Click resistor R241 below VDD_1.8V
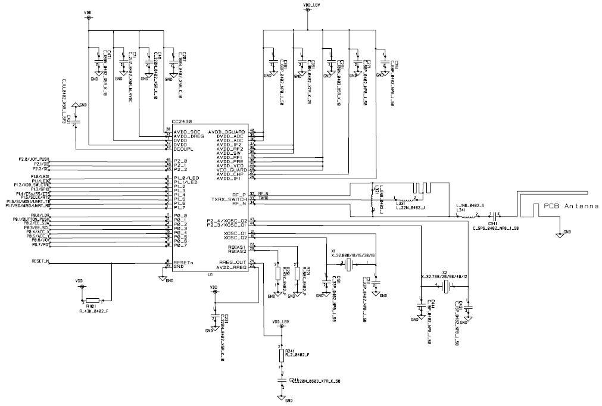(282, 356)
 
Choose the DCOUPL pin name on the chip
(184, 148)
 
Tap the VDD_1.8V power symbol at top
(307, 10)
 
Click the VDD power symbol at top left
(89, 17)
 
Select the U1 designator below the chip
(177, 275)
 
